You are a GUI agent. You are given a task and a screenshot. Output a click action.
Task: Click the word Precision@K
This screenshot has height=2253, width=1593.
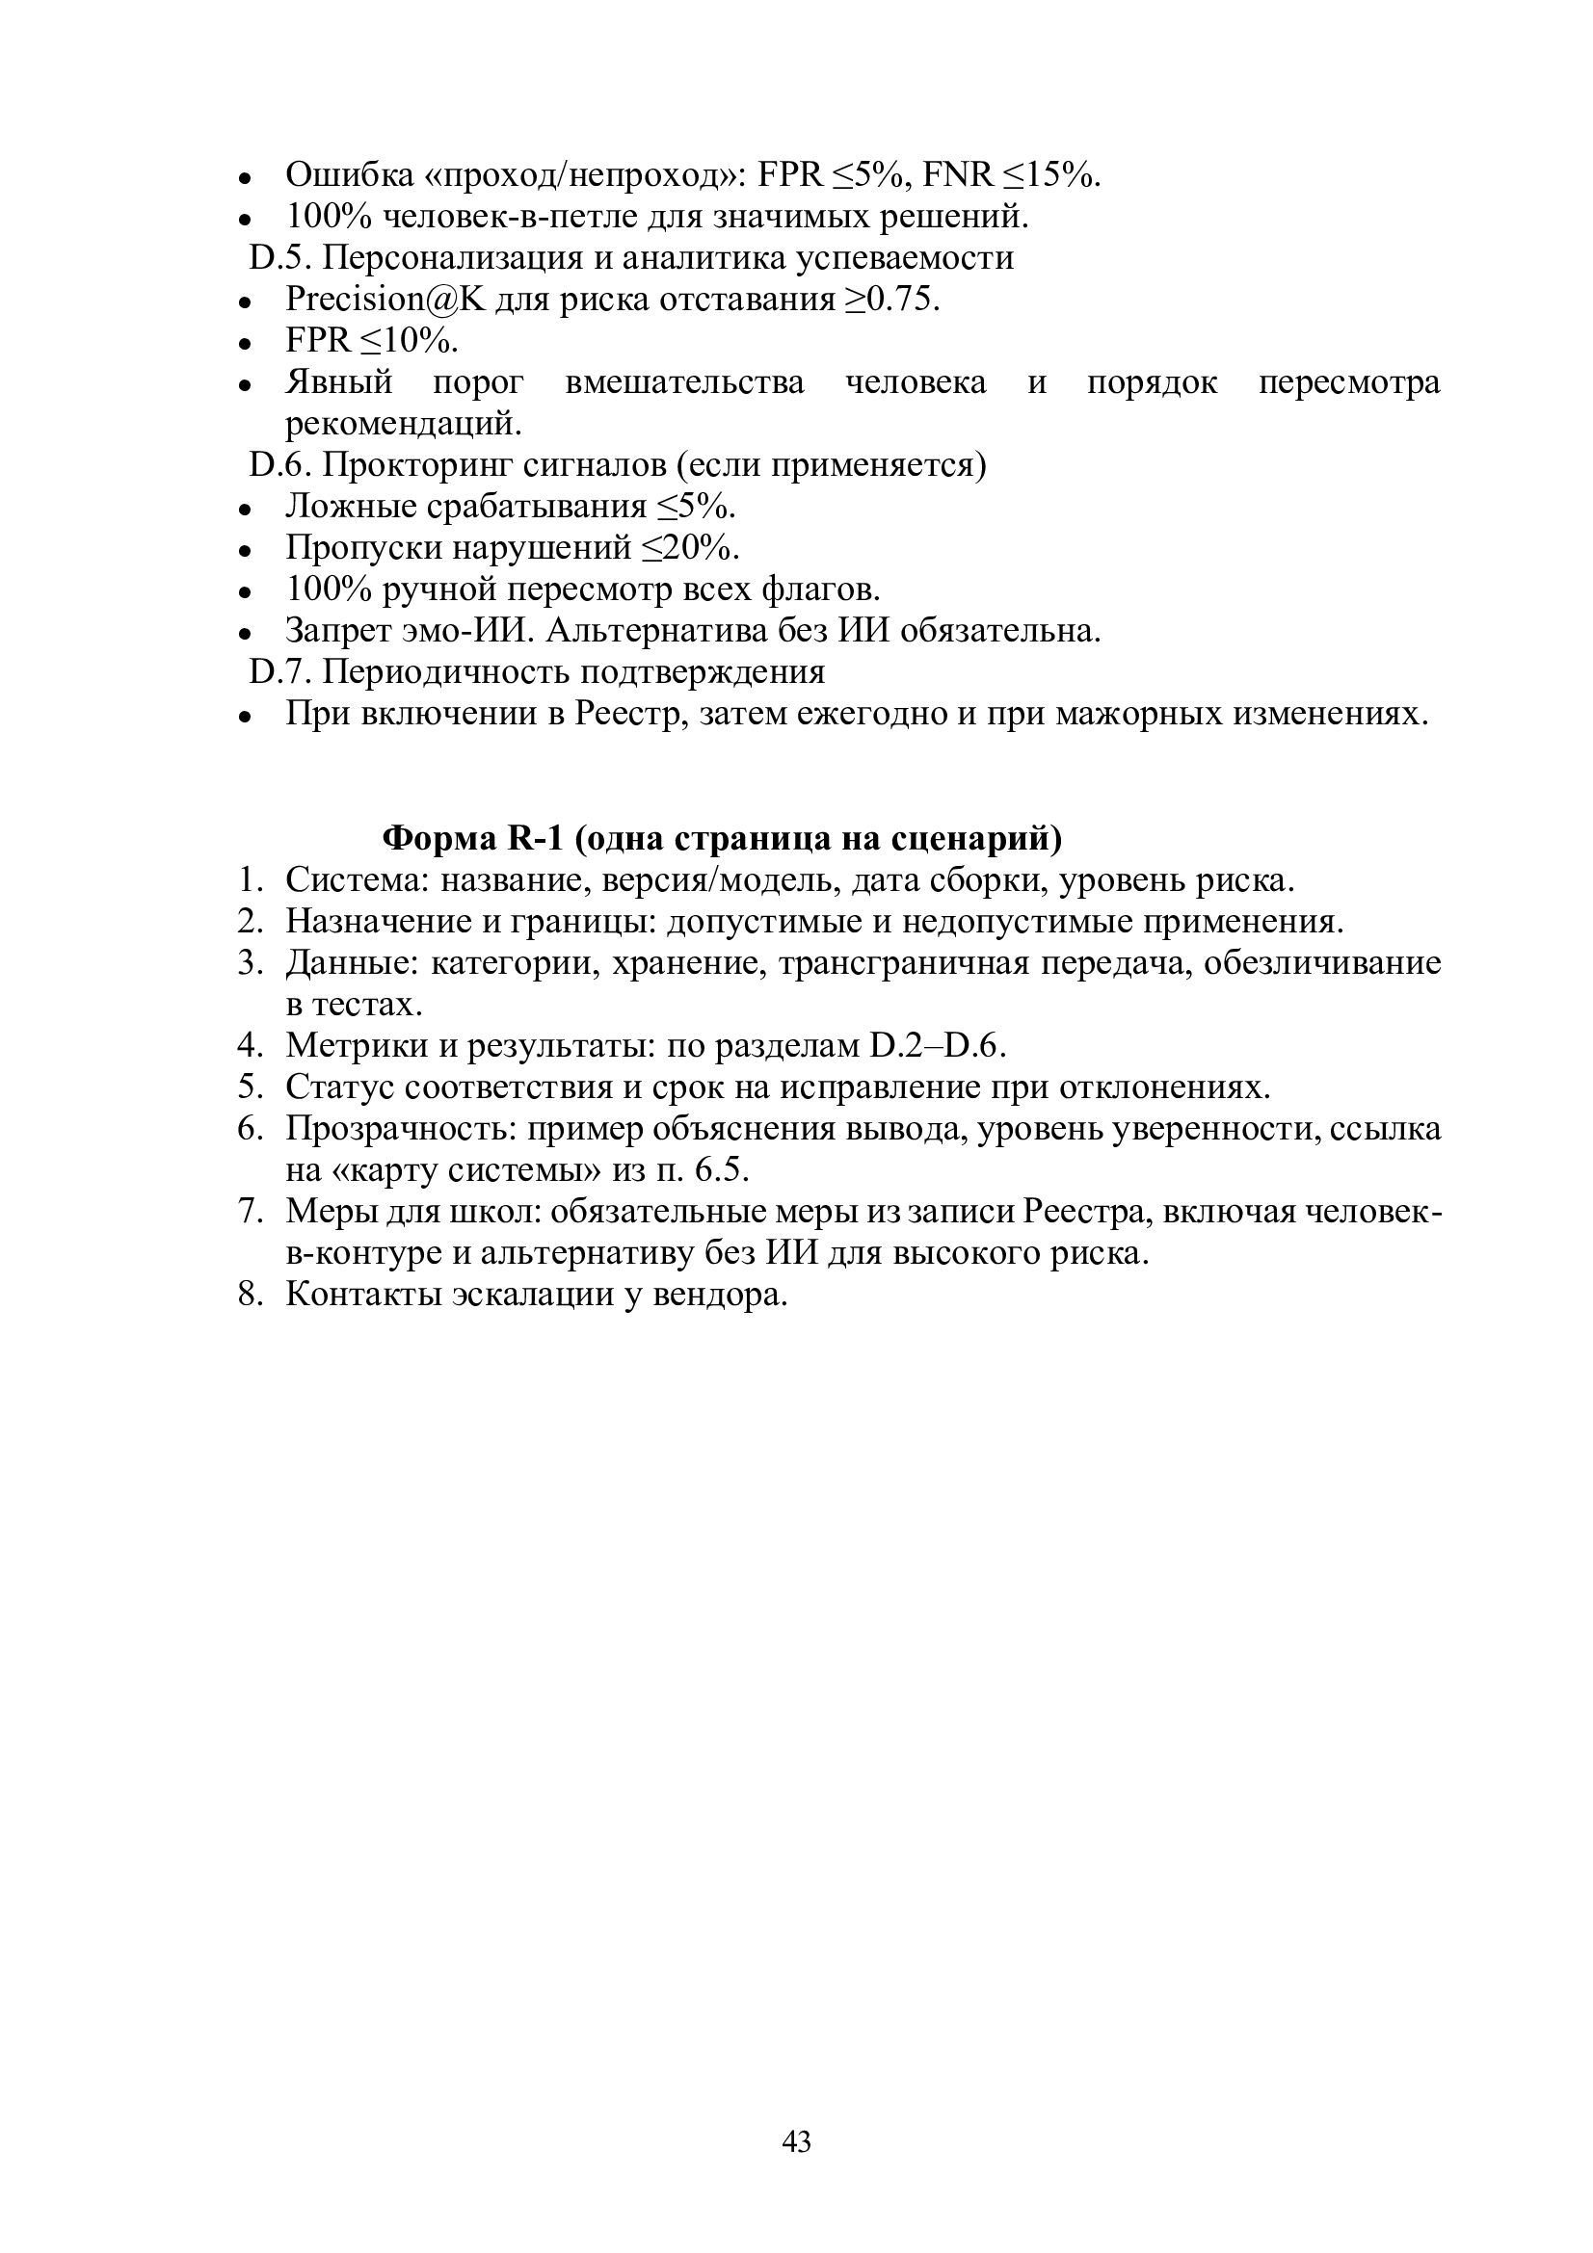coord(385,300)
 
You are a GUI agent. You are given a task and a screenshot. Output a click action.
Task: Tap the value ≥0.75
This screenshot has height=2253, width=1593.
coord(892,300)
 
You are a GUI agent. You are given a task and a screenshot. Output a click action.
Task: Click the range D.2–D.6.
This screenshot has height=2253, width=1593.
coord(939,1046)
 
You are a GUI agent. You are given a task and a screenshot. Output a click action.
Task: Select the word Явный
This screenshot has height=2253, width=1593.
coord(338,381)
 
